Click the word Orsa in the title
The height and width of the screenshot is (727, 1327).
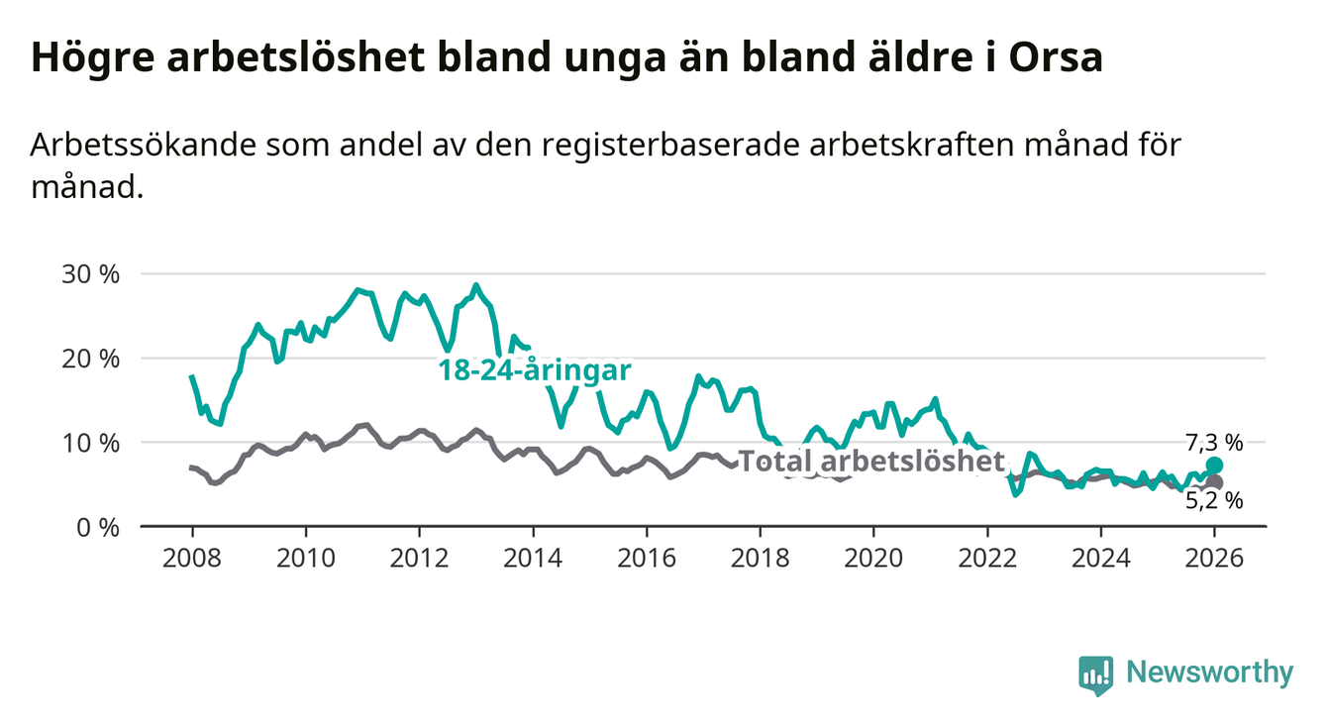pyautogui.click(x=1056, y=57)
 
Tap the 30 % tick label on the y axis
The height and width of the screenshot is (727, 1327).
pyautogui.click(x=92, y=274)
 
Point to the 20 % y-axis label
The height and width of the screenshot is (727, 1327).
pyautogui.click(x=92, y=359)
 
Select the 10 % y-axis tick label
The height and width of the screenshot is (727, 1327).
pyautogui.click(x=92, y=443)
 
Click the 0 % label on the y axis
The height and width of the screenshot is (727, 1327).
pyautogui.click(x=98, y=527)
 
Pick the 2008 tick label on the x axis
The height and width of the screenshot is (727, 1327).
pyautogui.click(x=192, y=558)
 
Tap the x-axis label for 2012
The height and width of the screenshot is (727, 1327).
pyautogui.click(x=419, y=558)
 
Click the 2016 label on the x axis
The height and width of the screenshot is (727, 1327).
pyautogui.click(x=646, y=558)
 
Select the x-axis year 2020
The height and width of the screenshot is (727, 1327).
pyautogui.click(x=873, y=558)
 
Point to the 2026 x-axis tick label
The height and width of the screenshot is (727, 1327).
pyautogui.click(x=1214, y=558)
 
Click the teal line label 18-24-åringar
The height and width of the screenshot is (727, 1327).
pyautogui.click(x=535, y=370)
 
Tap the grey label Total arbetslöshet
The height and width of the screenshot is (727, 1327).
pyautogui.click(x=872, y=461)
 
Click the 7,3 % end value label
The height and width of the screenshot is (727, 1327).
pyautogui.click(x=1214, y=442)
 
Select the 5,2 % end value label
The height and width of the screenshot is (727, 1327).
pyautogui.click(x=1214, y=501)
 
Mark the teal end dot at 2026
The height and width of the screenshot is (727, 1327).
pyautogui.click(x=1215, y=466)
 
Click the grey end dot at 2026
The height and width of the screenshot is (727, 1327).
pyautogui.click(x=1215, y=482)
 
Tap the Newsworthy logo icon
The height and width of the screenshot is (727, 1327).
pyautogui.click(x=1095, y=675)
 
